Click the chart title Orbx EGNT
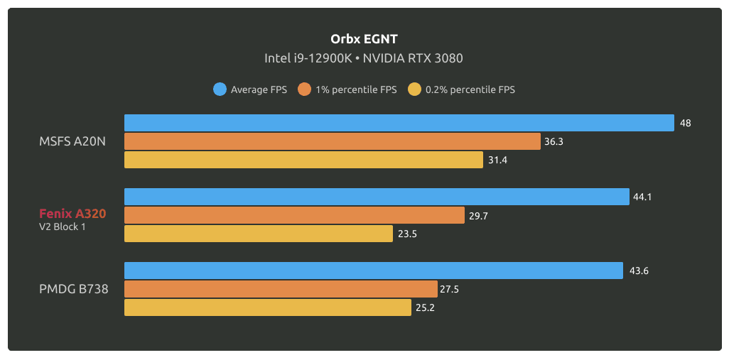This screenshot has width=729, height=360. pos(364,38)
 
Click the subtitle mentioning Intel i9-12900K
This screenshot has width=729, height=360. pos(364,58)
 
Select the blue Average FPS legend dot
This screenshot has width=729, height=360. pos(220,89)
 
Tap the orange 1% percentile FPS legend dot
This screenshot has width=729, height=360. pos(305,89)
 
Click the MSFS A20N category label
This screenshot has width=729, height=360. pos(72,141)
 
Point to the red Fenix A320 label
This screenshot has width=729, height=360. pos(72,213)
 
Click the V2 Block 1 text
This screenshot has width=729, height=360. pos(63,227)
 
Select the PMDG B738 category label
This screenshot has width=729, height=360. pos(74,289)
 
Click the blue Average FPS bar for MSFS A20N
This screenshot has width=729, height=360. pos(399,123)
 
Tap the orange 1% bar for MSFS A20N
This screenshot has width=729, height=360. pos(333,141)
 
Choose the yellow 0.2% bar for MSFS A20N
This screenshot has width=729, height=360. pos(303,160)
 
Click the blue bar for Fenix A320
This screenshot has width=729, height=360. pos(377,197)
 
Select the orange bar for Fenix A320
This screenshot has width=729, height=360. pos(295,215)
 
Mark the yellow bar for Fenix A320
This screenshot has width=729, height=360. pos(259,234)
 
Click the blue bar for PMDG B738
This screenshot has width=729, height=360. pos(374,271)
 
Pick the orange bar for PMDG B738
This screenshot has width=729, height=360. pos(281,289)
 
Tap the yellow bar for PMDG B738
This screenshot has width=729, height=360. pos(268,307)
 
